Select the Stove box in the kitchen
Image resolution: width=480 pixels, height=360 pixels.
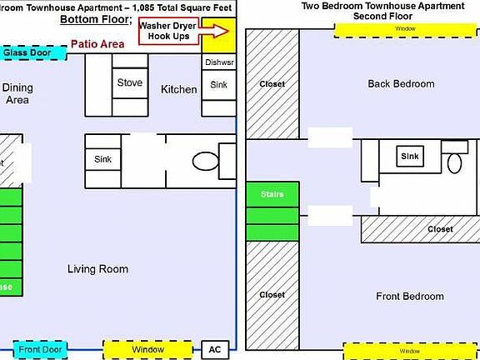click(x=129, y=83)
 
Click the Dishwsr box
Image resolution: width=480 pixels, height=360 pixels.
click(x=218, y=62)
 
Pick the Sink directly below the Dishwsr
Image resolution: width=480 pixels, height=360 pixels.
click(x=218, y=84)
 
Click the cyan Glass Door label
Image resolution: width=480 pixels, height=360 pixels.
click(x=27, y=52)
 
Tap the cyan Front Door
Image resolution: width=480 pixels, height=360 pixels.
click(x=40, y=349)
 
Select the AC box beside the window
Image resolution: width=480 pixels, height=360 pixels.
click(x=214, y=349)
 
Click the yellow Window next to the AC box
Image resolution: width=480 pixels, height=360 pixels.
click(x=148, y=349)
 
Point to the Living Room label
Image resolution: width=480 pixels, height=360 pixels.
click(x=97, y=269)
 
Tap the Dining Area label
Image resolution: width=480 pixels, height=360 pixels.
click(x=17, y=93)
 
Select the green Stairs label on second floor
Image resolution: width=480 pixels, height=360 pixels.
click(x=272, y=194)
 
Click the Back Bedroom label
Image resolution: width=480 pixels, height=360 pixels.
click(x=401, y=84)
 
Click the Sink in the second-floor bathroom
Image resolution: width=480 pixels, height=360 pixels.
click(x=409, y=156)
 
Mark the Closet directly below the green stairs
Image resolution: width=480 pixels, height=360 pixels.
click(x=272, y=295)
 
